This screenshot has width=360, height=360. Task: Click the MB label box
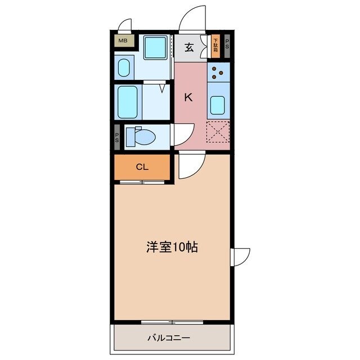coord(123,41)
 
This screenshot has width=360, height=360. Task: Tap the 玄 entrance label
coord(190,47)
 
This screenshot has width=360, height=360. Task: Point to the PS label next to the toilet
coord(117,137)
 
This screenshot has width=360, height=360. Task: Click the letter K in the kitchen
coord(189,97)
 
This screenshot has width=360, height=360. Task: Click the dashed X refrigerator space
coord(218,132)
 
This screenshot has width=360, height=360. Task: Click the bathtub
coord(128,101)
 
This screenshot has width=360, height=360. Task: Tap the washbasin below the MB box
coord(125,67)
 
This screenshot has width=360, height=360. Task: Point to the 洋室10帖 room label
coord(172,247)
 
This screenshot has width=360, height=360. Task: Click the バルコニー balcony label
coord(169,338)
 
